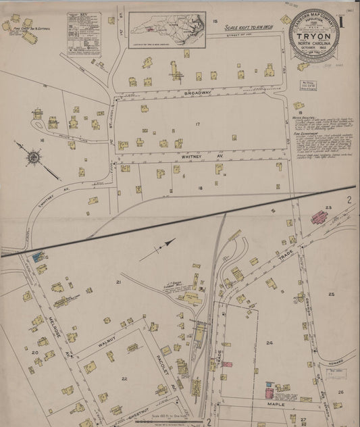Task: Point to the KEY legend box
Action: click(84, 33)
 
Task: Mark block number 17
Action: click(197, 124)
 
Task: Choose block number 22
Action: click(124, 378)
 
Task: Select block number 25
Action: click(331, 294)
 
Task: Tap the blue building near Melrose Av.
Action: click(37, 256)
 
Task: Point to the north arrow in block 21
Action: click(159, 249)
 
